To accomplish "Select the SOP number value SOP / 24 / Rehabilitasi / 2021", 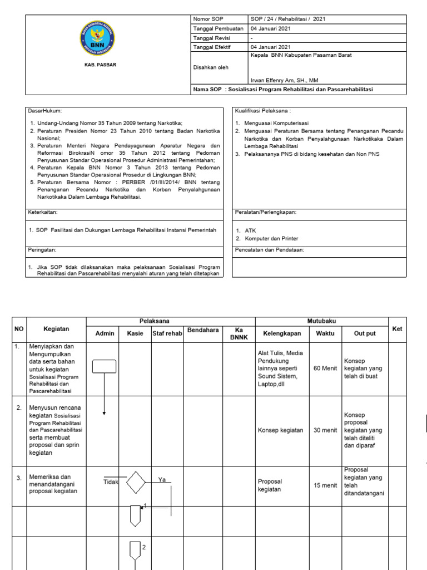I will tap(288, 19).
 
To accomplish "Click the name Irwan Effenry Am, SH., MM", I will tap(285, 80).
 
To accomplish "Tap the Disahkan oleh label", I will tap(210, 67).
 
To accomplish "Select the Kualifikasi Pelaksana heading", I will tap(263, 111).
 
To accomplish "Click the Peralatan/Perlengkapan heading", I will tap(266, 212).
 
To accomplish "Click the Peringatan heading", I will tap(42, 250).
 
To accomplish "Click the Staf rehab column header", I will tap(167, 333).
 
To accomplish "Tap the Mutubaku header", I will tap(321, 321).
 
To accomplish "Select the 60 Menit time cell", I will tap(325, 368).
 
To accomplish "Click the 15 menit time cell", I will tap(325, 485).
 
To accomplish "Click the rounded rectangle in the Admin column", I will tap(104, 366).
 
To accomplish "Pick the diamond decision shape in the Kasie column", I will tap(136, 483).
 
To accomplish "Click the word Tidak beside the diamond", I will tap(111, 482).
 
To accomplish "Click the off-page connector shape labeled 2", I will tap(136, 551).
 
